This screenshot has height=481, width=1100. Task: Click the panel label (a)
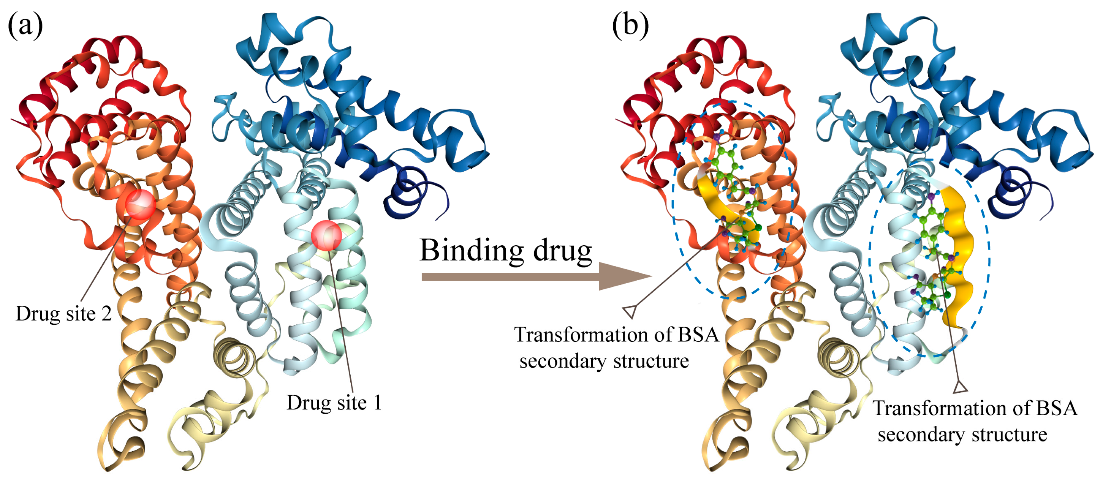[25, 25]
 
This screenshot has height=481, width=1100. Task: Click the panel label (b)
[630, 25]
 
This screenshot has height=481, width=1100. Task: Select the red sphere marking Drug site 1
[326, 235]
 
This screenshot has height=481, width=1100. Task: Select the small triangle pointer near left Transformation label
[630, 312]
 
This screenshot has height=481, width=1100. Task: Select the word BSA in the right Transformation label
[1056, 408]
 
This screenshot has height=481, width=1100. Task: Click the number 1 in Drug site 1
[377, 403]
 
